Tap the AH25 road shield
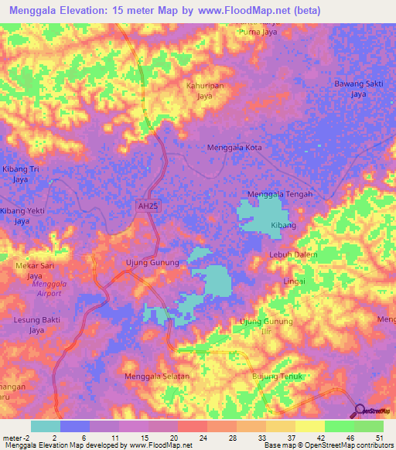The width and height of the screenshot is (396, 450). tap(145, 206)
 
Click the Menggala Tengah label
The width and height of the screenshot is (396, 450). tap(279, 194)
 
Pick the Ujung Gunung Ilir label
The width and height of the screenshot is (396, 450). tap(267, 326)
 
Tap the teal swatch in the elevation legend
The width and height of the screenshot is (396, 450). tap(45, 426)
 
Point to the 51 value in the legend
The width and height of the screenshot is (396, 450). tap(378, 437)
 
